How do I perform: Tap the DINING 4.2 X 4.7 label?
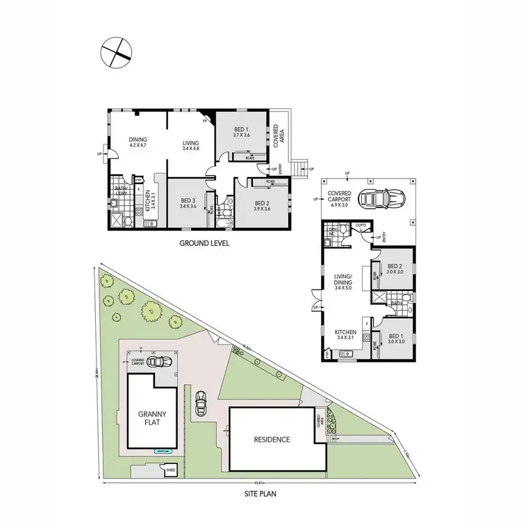pyautogui.click(x=138, y=143)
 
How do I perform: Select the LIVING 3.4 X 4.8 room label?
pyautogui.click(x=190, y=146)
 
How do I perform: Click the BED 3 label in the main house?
pyautogui.click(x=188, y=204)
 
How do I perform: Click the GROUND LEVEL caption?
pyautogui.click(x=204, y=243)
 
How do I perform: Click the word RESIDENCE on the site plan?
pyautogui.click(x=272, y=440)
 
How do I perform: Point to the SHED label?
pyautogui.click(x=169, y=470)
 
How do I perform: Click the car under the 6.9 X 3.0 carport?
pyautogui.click(x=375, y=199)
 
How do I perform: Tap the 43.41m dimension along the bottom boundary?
pyautogui.click(x=259, y=481)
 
